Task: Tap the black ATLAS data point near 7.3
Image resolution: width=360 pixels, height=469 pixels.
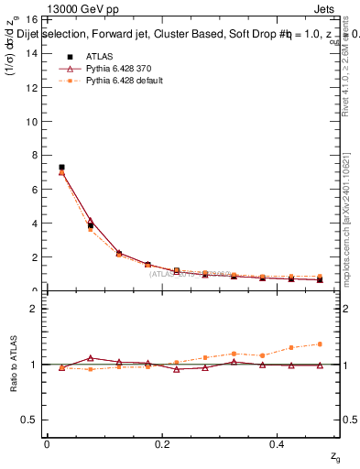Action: coord(61,168)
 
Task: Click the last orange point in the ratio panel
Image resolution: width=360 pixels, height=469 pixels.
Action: coord(320,344)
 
